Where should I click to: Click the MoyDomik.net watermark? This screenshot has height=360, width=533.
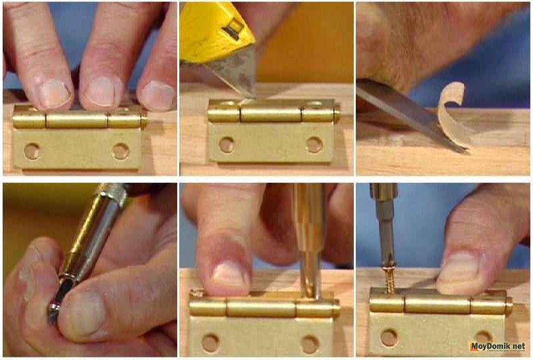498,346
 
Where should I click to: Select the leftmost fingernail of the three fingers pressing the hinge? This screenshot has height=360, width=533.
54,93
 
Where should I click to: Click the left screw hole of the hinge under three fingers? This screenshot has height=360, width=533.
32,151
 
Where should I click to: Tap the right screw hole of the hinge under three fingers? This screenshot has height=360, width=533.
121,151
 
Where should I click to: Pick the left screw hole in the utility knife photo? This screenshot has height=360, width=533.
226,145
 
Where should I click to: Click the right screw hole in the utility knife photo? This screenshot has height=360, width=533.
314,145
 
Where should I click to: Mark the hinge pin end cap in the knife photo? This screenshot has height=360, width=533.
337,112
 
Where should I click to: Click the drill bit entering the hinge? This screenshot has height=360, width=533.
309,276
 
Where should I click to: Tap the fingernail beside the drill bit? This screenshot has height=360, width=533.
228,274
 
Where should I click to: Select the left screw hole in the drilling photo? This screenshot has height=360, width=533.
210,343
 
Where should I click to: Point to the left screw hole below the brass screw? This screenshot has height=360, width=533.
390,337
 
